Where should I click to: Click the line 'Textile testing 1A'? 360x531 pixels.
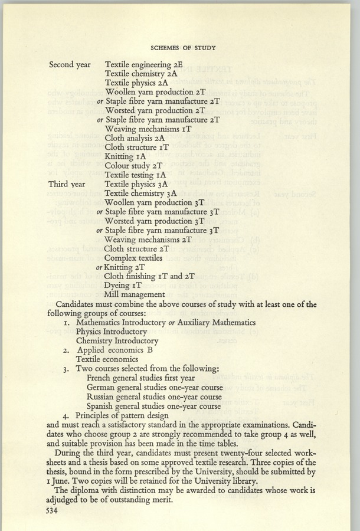point(135,175)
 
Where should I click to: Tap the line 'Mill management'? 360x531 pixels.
point(134,294)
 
